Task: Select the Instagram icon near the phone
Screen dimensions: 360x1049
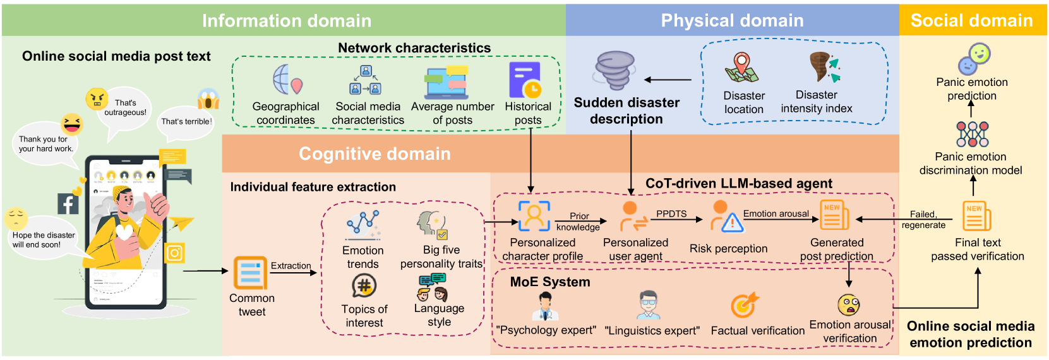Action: pyautogui.click(x=174, y=253)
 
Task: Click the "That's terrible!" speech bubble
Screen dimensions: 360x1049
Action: pyautogui.click(x=186, y=121)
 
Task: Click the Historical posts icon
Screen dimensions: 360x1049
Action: pyautogui.click(x=526, y=80)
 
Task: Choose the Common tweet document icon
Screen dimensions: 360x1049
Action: pyautogui.click(x=250, y=273)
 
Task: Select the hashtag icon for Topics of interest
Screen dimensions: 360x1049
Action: pyautogui.click(x=364, y=286)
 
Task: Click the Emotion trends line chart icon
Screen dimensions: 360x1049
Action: pyautogui.click(x=363, y=224)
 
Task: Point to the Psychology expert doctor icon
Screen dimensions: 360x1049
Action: pyautogui.click(x=544, y=306)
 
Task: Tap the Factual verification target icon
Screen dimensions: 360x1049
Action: pyautogui.click(x=745, y=306)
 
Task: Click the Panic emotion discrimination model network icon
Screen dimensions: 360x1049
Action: pyautogui.click(x=973, y=134)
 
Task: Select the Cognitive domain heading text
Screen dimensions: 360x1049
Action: pyautogui.click(x=375, y=153)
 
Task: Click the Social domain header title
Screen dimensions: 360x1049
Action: pyautogui.click(x=971, y=20)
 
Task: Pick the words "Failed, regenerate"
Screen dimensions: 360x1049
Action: pyautogui.click(x=923, y=219)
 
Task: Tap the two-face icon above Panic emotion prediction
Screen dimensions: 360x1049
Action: pyautogui.click(x=974, y=58)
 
